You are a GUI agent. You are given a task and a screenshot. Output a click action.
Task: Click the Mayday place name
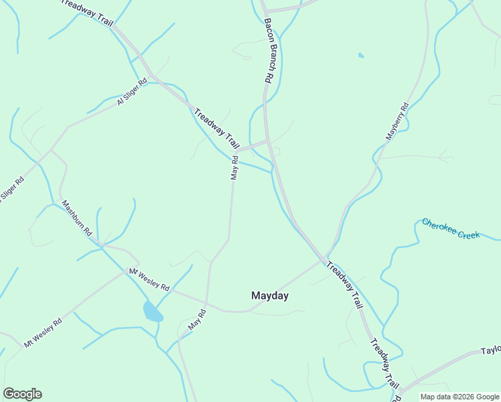(269, 295)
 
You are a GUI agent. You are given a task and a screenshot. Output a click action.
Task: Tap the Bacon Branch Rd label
(268, 50)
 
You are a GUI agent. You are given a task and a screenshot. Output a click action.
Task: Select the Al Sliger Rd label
(132, 91)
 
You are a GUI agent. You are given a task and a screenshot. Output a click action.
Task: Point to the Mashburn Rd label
(76, 218)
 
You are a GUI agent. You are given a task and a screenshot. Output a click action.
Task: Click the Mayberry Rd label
(397, 121)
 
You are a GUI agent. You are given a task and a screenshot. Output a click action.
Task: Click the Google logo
(22, 394)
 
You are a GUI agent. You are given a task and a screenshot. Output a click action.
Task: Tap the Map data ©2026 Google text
(459, 397)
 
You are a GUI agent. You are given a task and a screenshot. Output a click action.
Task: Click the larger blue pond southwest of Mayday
(153, 312)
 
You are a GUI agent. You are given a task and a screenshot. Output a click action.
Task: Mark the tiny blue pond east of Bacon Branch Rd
(361, 55)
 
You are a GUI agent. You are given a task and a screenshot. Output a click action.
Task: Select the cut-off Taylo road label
(490, 351)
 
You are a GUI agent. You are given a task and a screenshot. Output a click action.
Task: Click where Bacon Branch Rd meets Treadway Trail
(268, 141)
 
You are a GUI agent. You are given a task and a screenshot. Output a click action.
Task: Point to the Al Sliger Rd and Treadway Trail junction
(155, 78)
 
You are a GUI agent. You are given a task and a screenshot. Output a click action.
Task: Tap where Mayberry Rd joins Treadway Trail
(326, 259)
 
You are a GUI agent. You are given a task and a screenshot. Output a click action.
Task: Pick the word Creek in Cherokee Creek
(468, 235)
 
